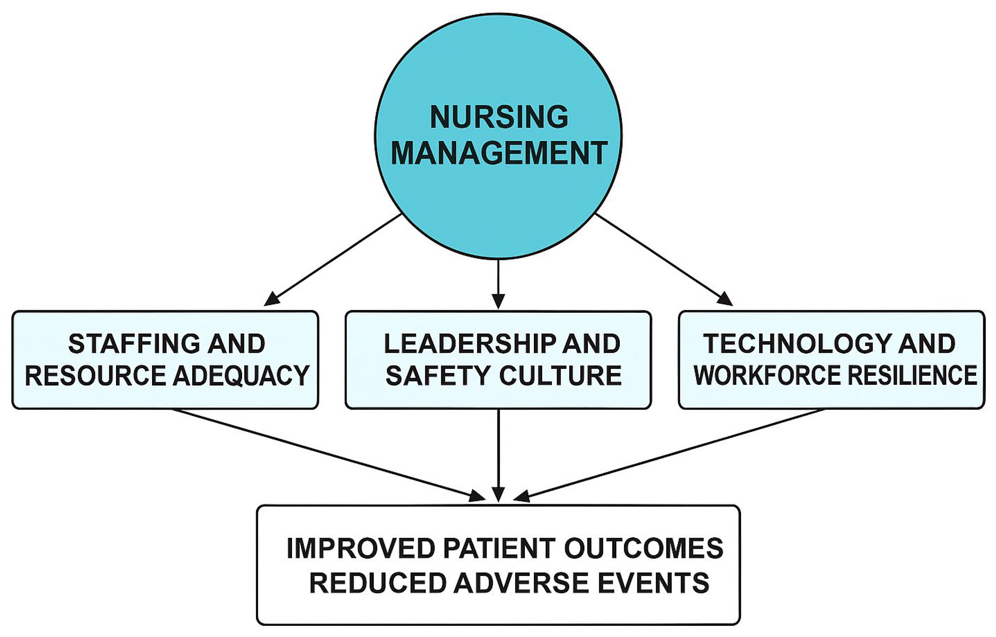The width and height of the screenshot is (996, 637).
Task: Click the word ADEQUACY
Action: pyautogui.click(x=241, y=376)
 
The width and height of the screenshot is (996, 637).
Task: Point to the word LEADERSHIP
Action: pyautogui.click(x=469, y=344)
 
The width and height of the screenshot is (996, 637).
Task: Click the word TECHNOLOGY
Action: pyautogui.click(x=796, y=344)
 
